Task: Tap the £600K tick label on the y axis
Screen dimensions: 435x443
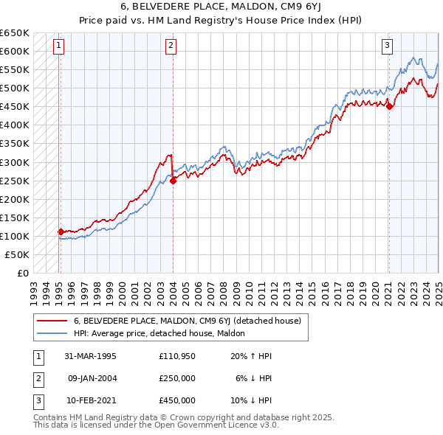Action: click(x=15, y=51)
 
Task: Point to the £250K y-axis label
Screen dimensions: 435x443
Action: click(x=15, y=181)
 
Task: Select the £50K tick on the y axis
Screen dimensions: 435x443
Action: click(x=18, y=254)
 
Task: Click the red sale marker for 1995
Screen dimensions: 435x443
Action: click(x=61, y=232)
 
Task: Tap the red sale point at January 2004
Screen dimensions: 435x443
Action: click(x=173, y=180)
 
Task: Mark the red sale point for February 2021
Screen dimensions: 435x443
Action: click(x=389, y=106)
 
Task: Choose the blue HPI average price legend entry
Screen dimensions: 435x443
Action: click(x=164, y=334)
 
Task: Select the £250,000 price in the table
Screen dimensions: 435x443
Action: click(x=177, y=378)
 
